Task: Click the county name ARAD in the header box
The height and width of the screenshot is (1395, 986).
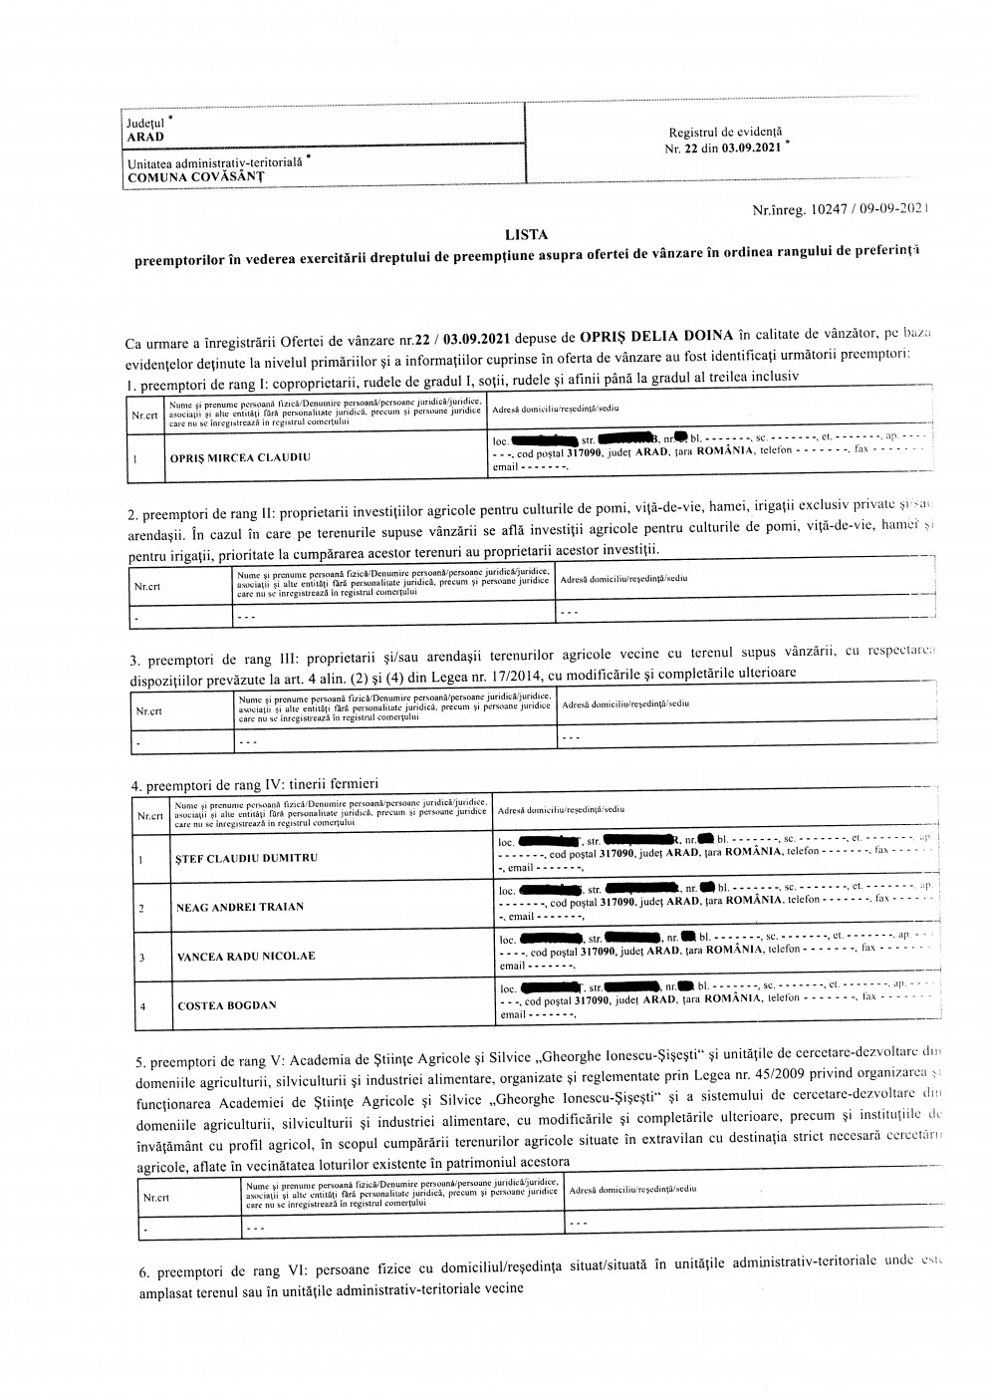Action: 145,138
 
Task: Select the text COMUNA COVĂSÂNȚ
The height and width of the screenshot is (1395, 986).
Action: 195,176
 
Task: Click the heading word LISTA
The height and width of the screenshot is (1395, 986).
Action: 526,235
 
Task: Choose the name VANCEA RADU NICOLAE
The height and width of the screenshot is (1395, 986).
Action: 246,957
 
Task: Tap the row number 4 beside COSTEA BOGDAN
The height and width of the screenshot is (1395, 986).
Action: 141,1006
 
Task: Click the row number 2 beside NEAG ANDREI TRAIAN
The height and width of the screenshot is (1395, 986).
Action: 141,908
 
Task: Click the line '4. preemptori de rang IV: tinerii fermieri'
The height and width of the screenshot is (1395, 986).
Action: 255,784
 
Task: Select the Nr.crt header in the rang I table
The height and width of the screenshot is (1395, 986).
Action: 145,415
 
